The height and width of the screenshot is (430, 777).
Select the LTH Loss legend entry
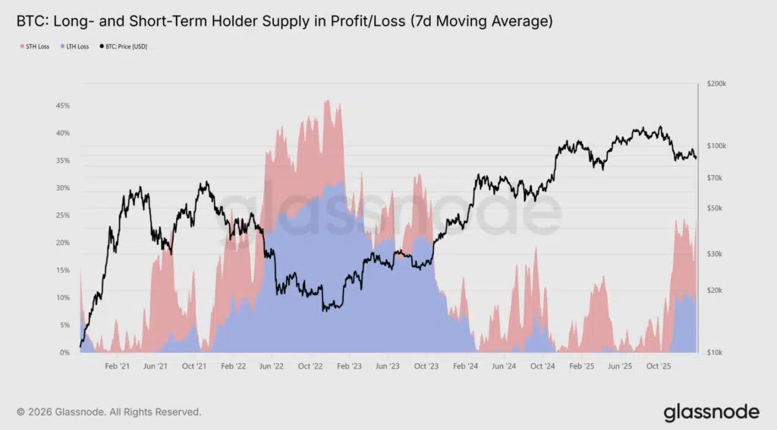pyautogui.click(x=76, y=46)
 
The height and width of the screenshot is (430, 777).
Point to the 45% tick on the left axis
pyautogui.click(x=63, y=105)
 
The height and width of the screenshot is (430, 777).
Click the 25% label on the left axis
pyautogui.click(x=63, y=215)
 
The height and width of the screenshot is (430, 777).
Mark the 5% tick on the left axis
pyautogui.click(x=65, y=325)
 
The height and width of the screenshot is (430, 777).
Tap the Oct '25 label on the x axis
pyautogui.click(x=659, y=366)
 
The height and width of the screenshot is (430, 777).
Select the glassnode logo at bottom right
pyautogui.click(x=711, y=412)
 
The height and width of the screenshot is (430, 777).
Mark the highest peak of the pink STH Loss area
pyautogui.click(x=327, y=101)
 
